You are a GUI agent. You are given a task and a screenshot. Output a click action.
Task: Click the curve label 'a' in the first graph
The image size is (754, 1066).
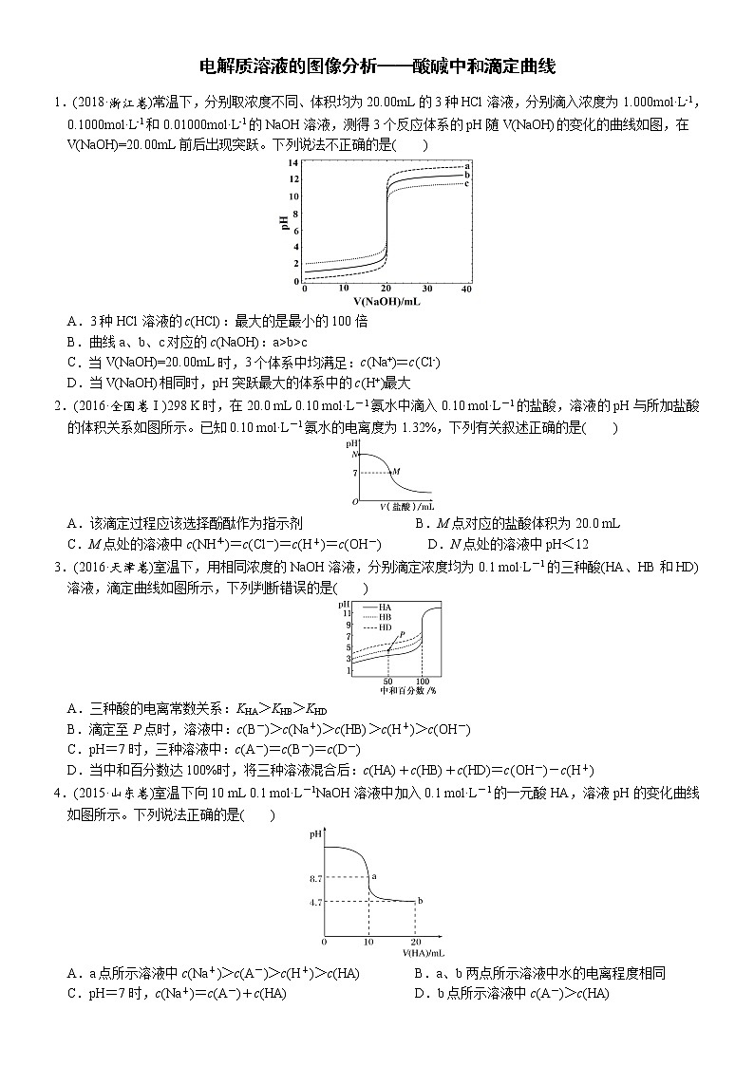[x=467, y=166]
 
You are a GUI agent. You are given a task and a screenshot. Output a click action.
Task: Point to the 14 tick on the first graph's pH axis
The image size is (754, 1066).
[x=294, y=164]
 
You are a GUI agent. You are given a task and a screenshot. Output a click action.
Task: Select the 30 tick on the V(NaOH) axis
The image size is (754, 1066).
[x=426, y=289]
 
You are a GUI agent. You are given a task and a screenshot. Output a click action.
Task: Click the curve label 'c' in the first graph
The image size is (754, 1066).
[x=467, y=183]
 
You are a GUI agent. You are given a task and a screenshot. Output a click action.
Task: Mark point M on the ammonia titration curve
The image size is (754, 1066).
[x=396, y=471]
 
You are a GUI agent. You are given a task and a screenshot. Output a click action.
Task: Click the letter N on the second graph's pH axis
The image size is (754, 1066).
[x=354, y=456]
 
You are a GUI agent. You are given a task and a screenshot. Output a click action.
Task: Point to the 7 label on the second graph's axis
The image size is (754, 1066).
[x=354, y=472]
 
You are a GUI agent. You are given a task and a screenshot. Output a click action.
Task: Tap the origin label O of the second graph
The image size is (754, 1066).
[x=354, y=500]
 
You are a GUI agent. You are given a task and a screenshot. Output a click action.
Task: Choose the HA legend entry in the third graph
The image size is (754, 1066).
[x=385, y=607]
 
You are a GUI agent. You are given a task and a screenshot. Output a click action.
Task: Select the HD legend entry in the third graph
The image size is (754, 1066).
[x=385, y=627]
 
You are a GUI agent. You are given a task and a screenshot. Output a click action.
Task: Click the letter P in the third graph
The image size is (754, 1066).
[x=402, y=634]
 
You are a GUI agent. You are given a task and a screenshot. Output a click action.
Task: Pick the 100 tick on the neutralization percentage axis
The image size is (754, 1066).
[x=422, y=682]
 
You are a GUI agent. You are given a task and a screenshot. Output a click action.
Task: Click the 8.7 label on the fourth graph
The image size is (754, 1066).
[x=316, y=880]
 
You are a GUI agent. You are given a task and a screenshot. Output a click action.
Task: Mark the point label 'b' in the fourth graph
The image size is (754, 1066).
[x=420, y=900]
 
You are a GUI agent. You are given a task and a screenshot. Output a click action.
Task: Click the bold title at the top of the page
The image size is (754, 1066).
[x=377, y=65]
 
